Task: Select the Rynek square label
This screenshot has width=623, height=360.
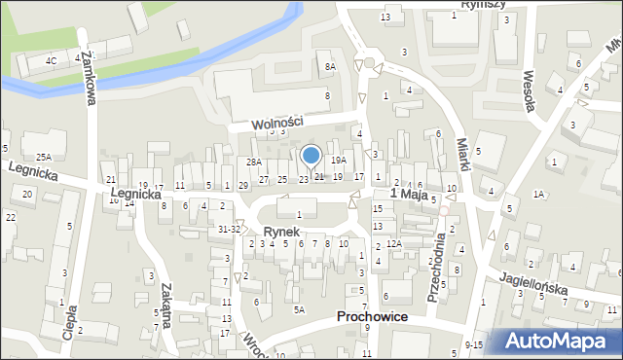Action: click(x=281, y=233)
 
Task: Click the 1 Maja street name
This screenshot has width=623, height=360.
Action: click(x=410, y=195)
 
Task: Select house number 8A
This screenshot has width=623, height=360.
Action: click(x=330, y=66)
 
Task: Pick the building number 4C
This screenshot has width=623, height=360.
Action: click(x=51, y=60)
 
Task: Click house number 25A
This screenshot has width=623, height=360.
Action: click(x=44, y=157)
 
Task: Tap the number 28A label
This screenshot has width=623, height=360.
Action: click(x=253, y=162)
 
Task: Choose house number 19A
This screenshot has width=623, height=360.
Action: click(x=338, y=160)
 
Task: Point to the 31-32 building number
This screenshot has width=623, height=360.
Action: click(x=229, y=229)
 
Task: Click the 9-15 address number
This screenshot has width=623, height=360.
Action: click(x=474, y=345)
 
